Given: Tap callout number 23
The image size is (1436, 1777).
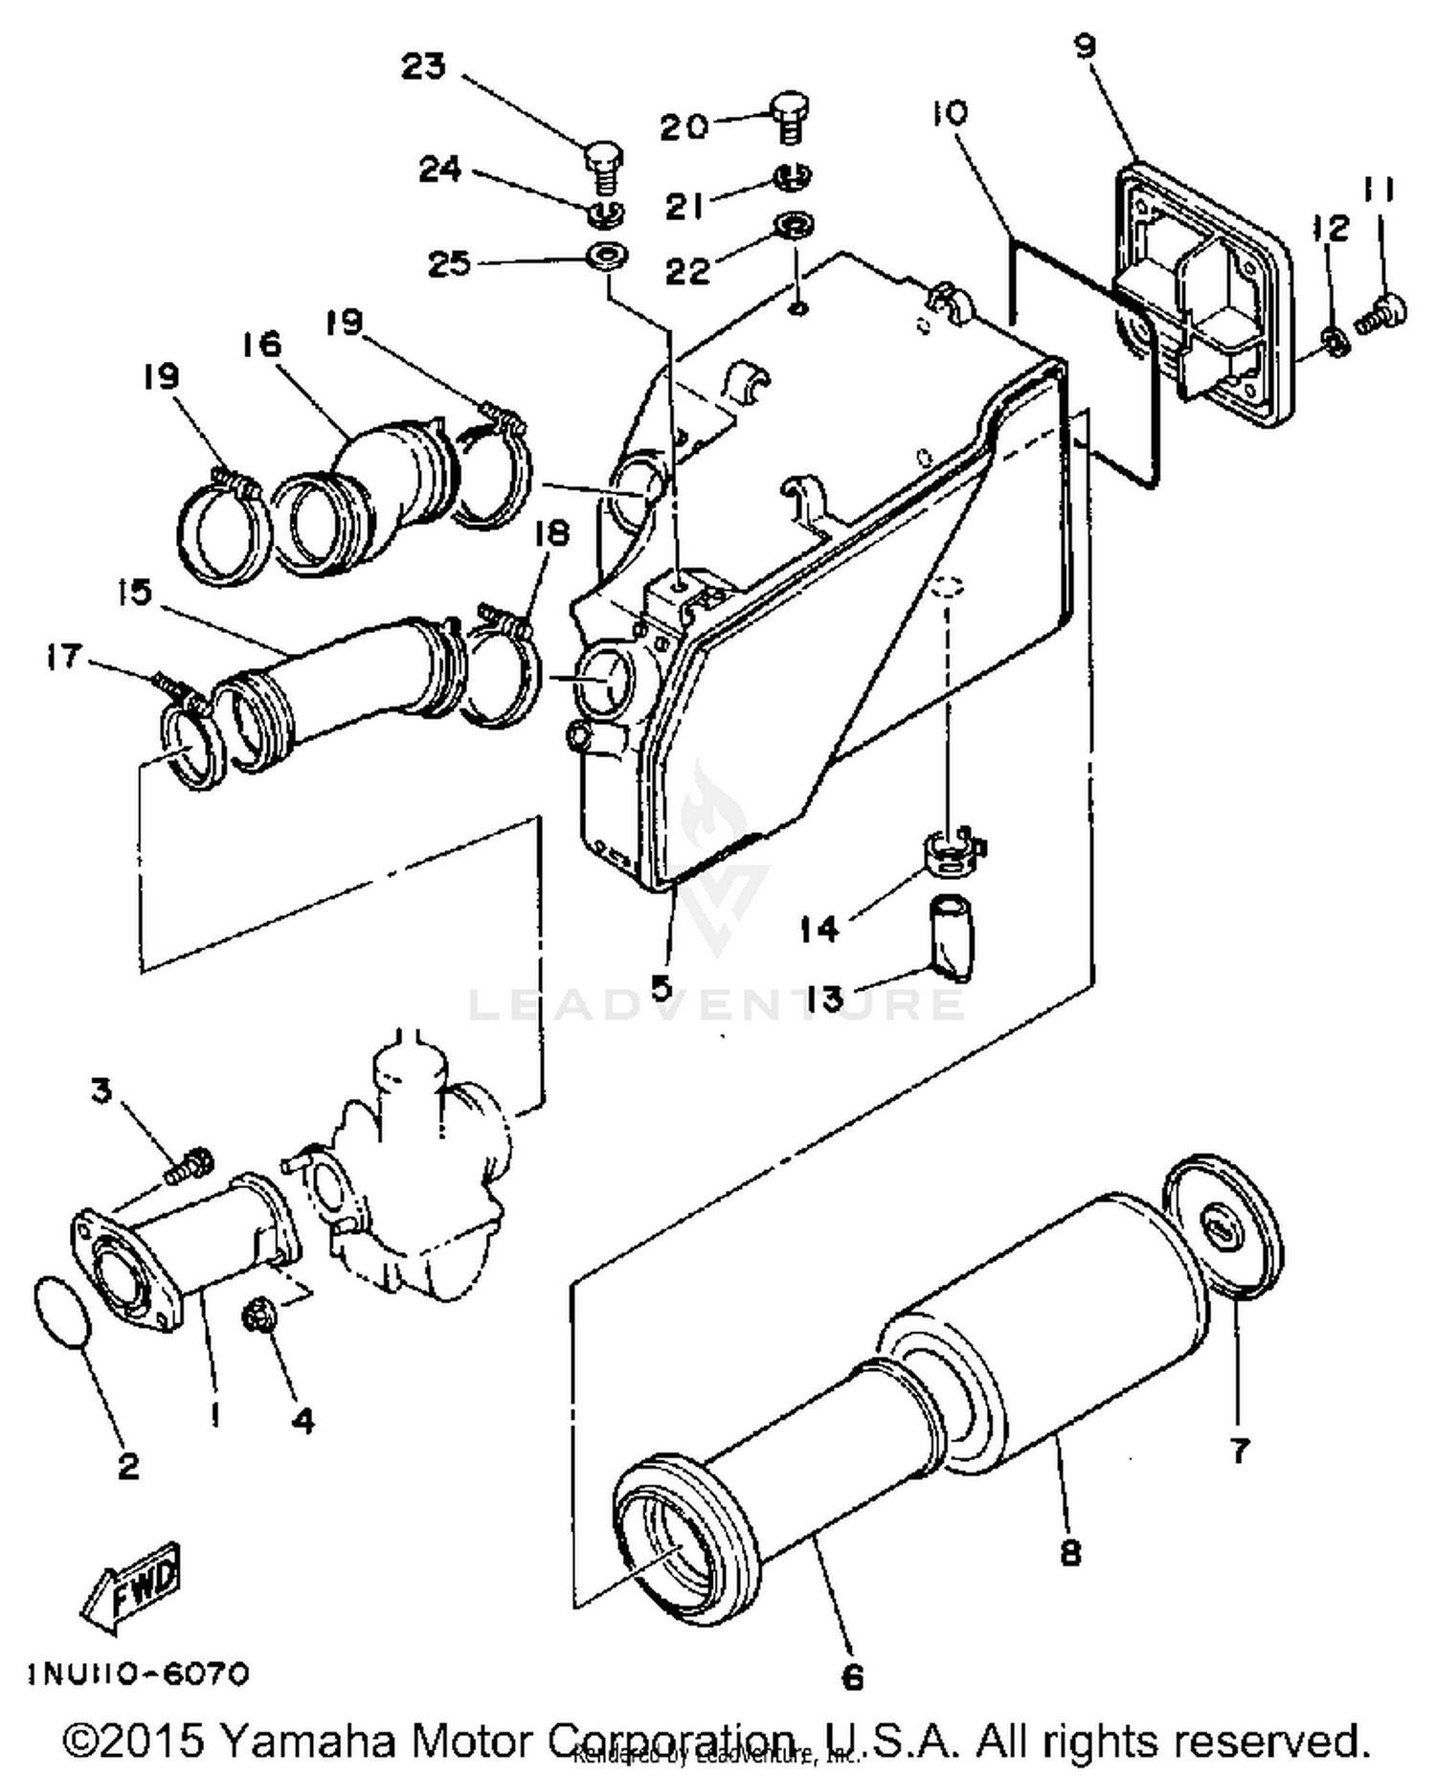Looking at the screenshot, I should pos(423,67).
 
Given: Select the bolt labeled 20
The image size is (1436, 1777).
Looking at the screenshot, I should pos(789,116).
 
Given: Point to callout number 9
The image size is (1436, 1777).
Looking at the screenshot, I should pos(1085,46).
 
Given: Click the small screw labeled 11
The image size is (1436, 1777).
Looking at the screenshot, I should pos(1383,312).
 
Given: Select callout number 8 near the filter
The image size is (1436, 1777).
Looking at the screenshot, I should pos(1069,1551).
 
